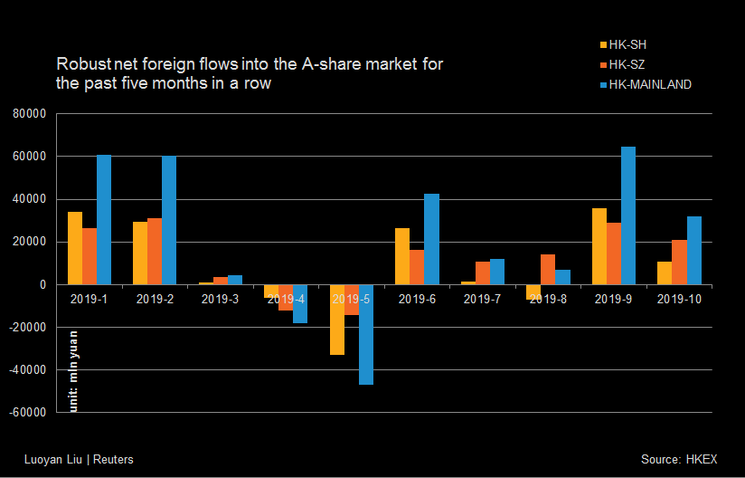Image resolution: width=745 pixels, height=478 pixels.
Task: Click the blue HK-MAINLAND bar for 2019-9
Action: pos(628,215)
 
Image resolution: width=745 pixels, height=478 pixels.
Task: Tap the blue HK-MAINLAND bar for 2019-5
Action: pos(366,335)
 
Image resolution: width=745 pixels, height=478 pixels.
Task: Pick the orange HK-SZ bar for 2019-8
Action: pos(548,270)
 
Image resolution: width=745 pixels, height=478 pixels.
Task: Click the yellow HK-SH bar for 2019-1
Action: pos(75,248)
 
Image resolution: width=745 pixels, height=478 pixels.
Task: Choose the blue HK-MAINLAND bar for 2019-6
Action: pos(432,239)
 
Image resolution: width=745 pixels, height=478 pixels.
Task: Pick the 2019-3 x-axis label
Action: pos(221,299)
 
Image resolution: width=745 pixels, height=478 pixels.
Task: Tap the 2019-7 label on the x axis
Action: pos(483,299)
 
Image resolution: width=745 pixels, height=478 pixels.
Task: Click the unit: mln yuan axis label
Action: pos(74,371)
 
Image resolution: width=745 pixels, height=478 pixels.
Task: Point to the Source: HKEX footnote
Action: pos(679,460)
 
